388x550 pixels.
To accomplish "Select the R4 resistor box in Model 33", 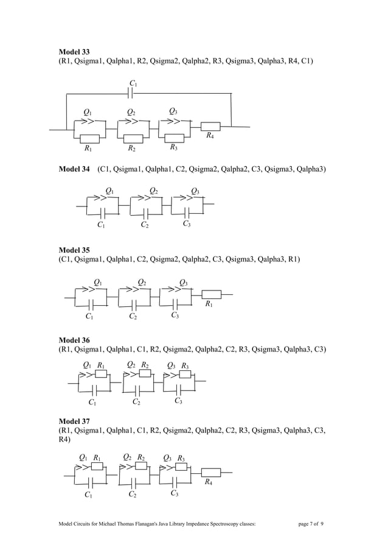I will (210, 127).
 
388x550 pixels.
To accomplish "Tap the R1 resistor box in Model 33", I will (89, 139).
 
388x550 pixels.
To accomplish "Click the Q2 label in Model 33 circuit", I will (131, 112).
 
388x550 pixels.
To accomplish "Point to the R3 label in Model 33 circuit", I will (173, 147).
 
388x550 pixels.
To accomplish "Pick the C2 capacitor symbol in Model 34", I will (145, 213).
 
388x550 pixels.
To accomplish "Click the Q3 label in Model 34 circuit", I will (195, 191).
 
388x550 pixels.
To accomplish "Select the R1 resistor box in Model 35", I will (210, 294).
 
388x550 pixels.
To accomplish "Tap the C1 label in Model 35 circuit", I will (89, 317).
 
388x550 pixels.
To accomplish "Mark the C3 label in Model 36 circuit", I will (179, 401).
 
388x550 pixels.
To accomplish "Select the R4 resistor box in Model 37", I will (210, 471).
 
